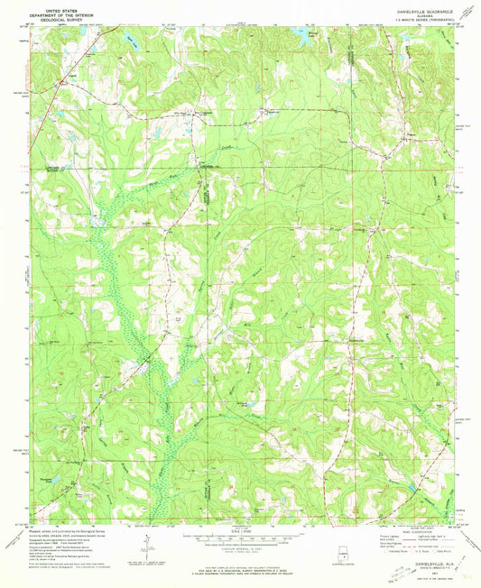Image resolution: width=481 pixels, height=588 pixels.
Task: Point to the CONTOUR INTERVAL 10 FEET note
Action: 241,548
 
